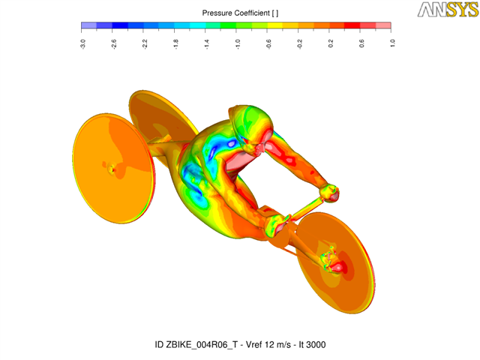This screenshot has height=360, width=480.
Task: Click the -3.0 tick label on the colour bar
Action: [83, 43]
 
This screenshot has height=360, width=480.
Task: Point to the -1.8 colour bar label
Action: [176, 43]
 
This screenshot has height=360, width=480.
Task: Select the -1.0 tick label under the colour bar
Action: [238, 43]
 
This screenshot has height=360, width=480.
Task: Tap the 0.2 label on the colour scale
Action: [331, 43]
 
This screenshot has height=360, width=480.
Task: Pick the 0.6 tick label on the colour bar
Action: [361, 43]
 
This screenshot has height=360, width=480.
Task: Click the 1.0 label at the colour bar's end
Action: [392, 43]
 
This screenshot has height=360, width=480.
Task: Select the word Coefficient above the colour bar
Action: [252, 13]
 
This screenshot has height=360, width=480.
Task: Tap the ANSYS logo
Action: [448, 10]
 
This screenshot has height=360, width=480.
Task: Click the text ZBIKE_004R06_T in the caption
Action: [202, 345]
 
